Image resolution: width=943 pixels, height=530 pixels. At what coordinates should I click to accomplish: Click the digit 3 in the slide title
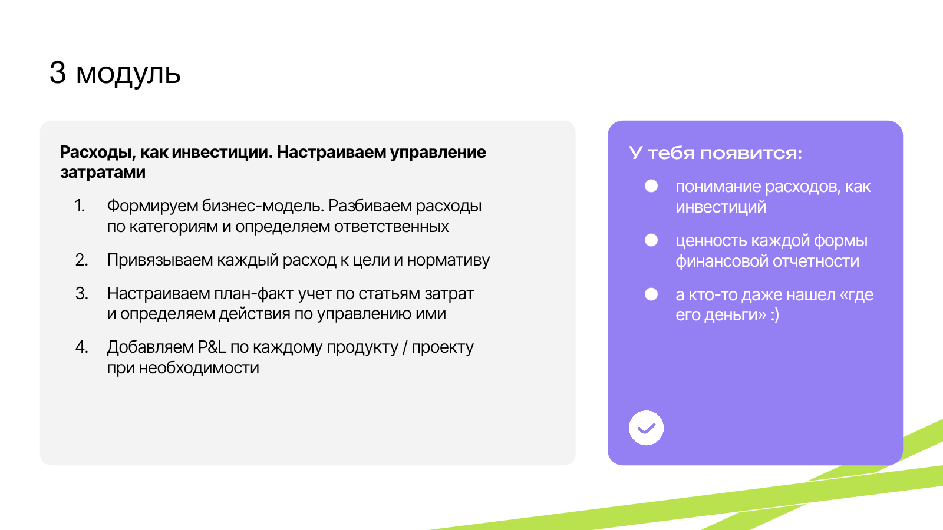coord(58,72)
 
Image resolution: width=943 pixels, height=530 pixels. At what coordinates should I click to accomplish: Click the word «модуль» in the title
coord(128,75)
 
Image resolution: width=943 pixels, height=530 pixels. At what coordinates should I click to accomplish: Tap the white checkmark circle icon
coord(646,428)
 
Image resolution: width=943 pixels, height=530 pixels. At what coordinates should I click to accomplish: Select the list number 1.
coord(80,206)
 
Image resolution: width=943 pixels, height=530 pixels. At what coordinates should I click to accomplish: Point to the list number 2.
coord(82,260)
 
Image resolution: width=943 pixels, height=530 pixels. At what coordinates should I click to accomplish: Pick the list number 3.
coord(82,293)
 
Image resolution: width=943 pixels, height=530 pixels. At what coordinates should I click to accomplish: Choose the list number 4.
coord(82,347)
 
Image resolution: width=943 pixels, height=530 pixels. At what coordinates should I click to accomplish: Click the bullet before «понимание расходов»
coord(651,186)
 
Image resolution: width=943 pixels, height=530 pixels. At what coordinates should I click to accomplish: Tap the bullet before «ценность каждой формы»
coord(651,240)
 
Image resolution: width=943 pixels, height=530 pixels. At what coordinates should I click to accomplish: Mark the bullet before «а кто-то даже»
coord(651,294)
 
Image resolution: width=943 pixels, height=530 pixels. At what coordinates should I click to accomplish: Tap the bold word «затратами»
coord(103,173)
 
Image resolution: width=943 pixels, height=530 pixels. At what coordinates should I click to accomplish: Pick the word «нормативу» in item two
coord(449,260)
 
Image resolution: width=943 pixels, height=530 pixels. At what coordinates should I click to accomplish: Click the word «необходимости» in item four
coord(199,368)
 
